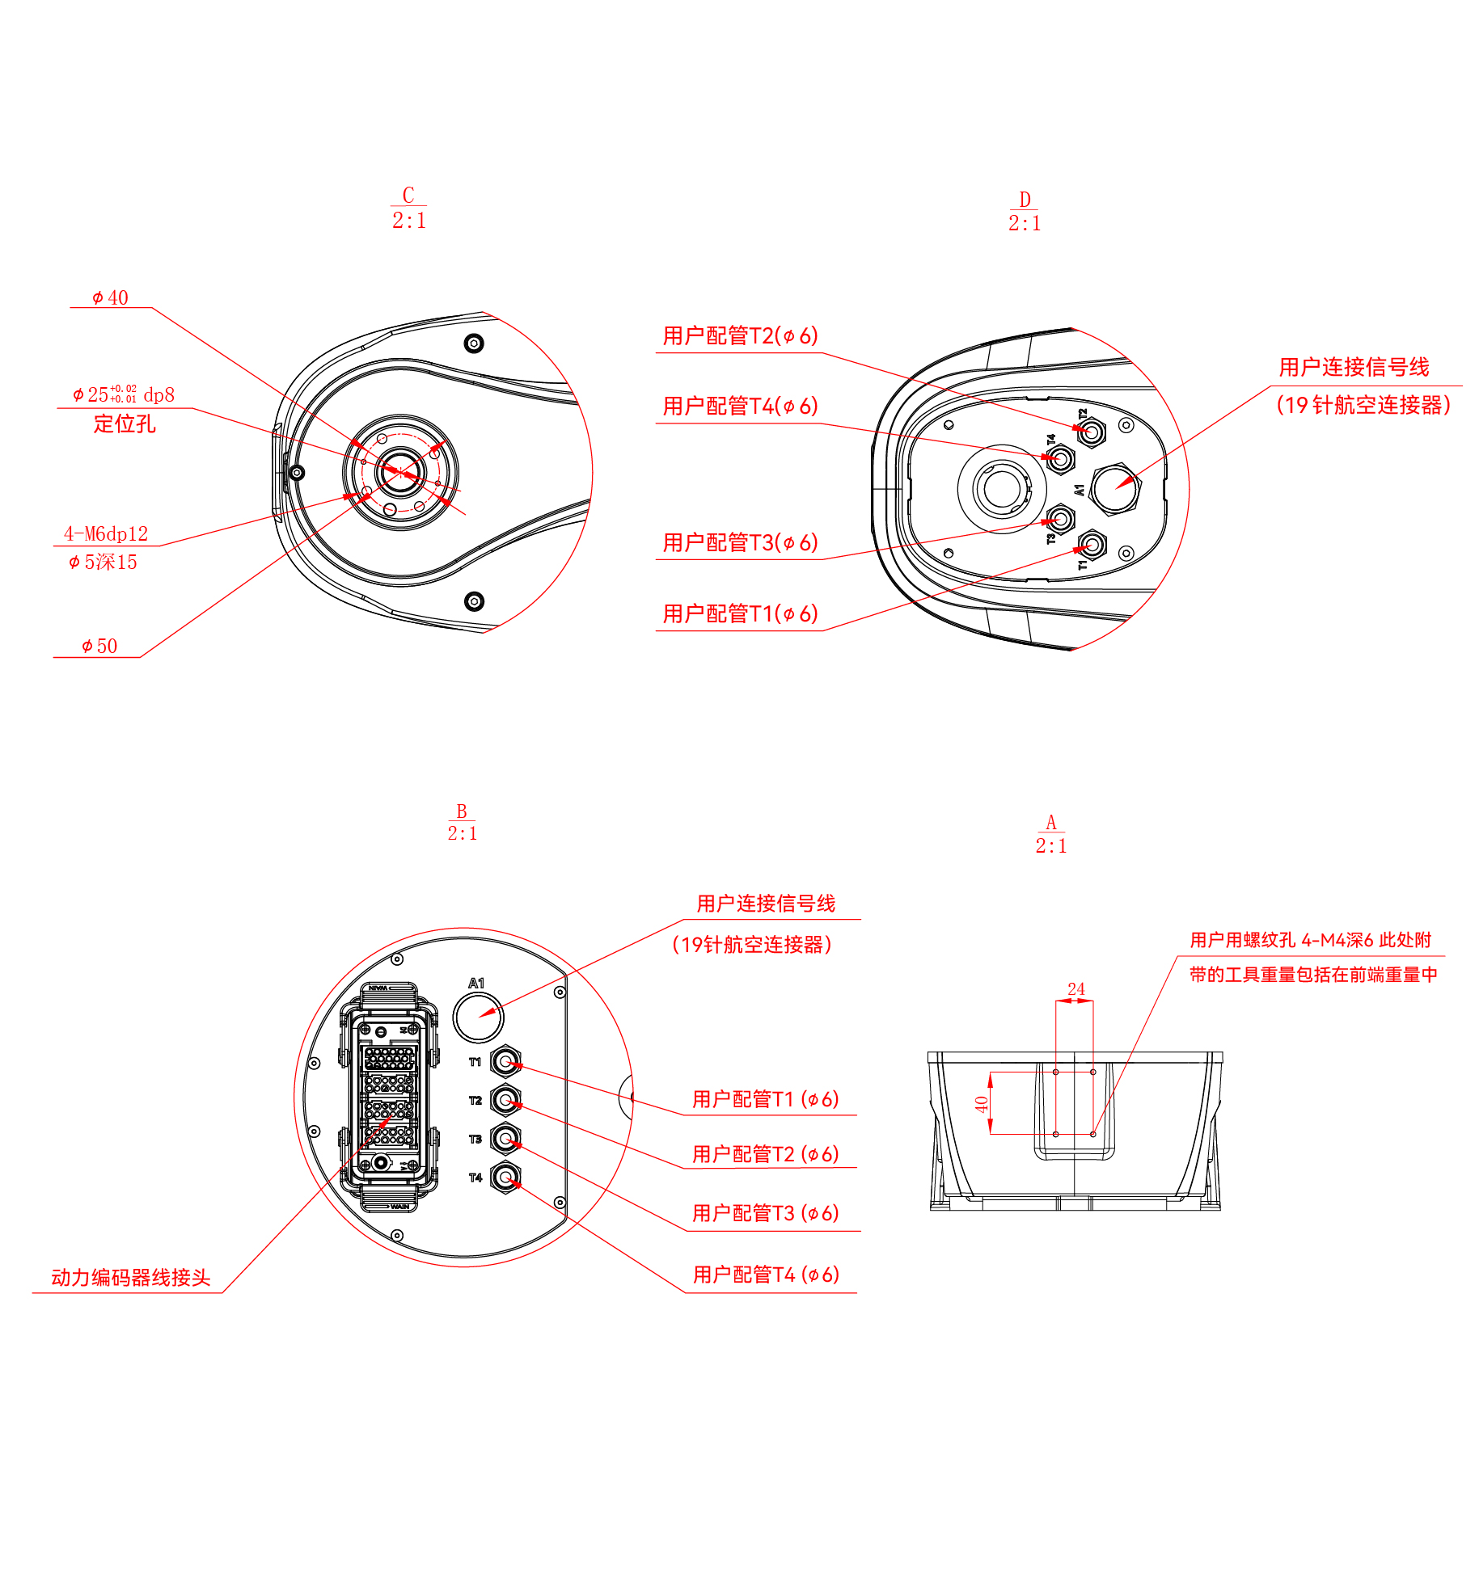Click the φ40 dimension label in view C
(x=110, y=297)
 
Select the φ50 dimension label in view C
(x=99, y=646)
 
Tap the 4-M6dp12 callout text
(x=106, y=533)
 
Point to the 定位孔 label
(x=125, y=423)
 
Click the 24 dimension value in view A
(x=1075, y=989)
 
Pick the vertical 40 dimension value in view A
(x=982, y=1104)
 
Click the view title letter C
(x=408, y=195)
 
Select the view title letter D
(x=1025, y=200)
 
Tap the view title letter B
(x=462, y=811)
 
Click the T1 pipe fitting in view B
(x=505, y=1061)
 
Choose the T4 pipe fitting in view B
(x=505, y=1178)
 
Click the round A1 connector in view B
(x=478, y=1018)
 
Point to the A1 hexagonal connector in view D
(x=1115, y=489)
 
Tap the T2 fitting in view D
(x=1091, y=432)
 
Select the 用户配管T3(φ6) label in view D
(x=740, y=542)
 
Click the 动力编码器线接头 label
(x=130, y=1277)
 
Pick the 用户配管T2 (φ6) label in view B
(x=765, y=1154)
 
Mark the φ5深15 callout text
(x=103, y=562)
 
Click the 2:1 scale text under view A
(x=1051, y=845)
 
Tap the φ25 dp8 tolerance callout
(x=123, y=394)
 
